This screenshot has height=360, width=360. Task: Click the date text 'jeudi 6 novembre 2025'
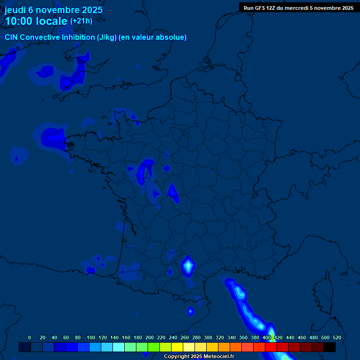pyautogui.click(x=53, y=10)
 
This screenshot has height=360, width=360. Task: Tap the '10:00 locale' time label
pyautogui.click(x=36, y=21)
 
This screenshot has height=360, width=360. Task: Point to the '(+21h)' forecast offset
pyautogui.click(x=81, y=21)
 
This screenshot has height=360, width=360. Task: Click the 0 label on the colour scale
pyautogui.click(x=30, y=337)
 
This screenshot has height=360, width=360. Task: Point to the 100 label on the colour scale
pyautogui.click(x=91, y=337)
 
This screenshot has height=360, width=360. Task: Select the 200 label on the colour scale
pyautogui.click(x=150, y=337)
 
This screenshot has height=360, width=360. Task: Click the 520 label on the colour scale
pyautogui.click(x=337, y=337)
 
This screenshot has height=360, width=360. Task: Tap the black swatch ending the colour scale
pyautogui.click(x=330, y=347)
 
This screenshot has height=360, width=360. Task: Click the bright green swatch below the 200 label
pyautogui.click(x=154, y=347)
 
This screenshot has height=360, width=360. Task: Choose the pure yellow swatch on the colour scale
pyautogui.click(x=177, y=347)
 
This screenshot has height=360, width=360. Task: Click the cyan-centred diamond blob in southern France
pyautogui.click(x=188, y=266)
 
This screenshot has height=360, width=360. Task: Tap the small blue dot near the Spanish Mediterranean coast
pyautogui.click(x=190, y=311)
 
